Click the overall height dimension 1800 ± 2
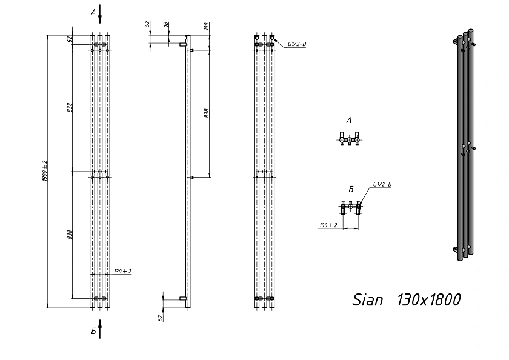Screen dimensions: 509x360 click(x=45, y=170)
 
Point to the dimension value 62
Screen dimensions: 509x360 click(x=69, y=39)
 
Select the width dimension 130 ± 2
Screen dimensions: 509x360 click(x=122, y=272)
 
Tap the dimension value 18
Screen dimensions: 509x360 click(x=166, y=24)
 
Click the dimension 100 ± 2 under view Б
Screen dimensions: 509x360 click(x=328, y=225)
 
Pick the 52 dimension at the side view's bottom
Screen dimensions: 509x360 click(x=160, y=318)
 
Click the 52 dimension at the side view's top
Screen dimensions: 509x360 click(x=147, y=24)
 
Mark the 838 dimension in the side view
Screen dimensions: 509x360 click(x=207, y=113)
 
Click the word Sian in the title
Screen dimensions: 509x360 click(x=367, y=300)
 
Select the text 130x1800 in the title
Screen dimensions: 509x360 click(x=428, y=299)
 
